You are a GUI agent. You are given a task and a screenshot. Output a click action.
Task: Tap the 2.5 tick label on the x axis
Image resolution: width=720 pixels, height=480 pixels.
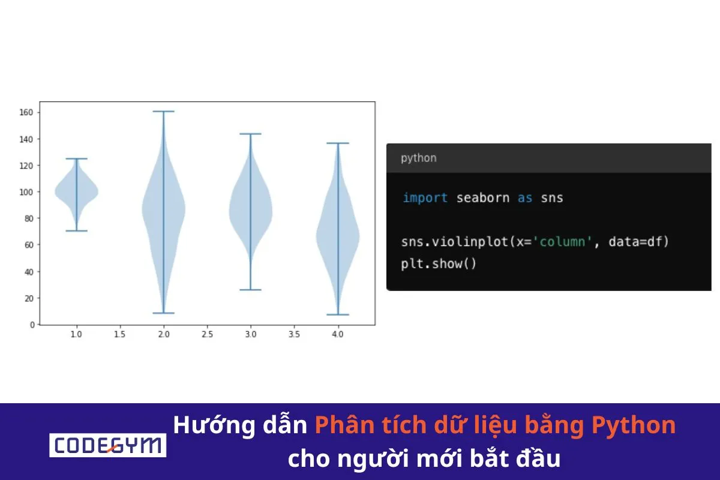coord(207,334)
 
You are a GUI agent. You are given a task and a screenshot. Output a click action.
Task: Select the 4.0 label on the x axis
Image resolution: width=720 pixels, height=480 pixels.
coord(337,334)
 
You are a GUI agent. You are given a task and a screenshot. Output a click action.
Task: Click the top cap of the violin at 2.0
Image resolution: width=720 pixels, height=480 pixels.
coord(163,111)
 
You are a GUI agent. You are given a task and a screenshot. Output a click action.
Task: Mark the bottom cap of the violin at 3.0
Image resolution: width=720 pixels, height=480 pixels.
coord(251,290)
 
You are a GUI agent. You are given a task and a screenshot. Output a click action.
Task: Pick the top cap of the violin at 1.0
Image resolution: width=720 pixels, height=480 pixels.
coord(76,158)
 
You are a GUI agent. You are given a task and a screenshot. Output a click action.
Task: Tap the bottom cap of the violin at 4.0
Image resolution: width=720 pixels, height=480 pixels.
coord(338,314)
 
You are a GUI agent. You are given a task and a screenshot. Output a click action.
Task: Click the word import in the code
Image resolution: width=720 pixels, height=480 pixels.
coord(425,197)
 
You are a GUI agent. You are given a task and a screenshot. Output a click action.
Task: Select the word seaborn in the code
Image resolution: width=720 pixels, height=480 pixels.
coord(482,197)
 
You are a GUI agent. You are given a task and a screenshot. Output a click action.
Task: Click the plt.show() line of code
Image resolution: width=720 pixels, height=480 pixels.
coord(439,263)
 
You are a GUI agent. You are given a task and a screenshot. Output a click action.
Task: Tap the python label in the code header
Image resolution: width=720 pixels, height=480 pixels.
coord(418,158)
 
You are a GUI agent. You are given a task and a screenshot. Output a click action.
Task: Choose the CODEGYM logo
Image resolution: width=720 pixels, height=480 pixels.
coord(107,445)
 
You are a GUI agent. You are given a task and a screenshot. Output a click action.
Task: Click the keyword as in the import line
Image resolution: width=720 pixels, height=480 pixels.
coord(525,197)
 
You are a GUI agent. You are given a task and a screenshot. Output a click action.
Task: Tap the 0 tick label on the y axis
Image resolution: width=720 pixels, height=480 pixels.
coord(32,325)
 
